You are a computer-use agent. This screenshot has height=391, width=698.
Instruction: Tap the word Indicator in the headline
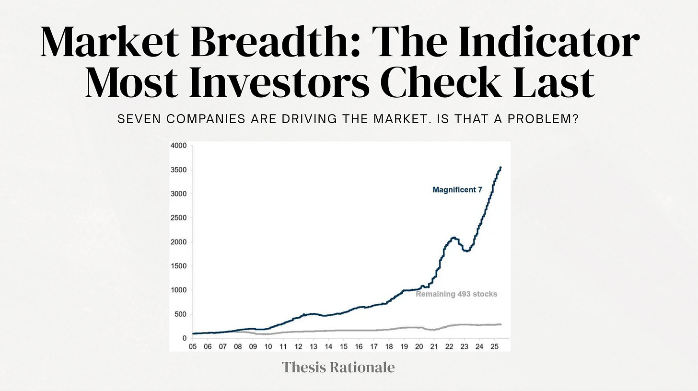[x=549, y=41]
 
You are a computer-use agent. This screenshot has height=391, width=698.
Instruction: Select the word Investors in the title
[x=279, y=82]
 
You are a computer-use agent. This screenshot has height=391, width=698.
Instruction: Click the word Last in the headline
[x=554, y=82]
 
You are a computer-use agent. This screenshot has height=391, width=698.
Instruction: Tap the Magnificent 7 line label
[x=457, y=190]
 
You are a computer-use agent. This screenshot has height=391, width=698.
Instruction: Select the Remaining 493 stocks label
[x=456, y=294]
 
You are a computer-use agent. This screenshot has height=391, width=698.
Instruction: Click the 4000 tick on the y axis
[x=178, y=146]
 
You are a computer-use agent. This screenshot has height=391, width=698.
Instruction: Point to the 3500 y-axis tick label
[x=178, y=170]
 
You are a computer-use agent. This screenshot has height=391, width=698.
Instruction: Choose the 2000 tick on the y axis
[x=178, y=242]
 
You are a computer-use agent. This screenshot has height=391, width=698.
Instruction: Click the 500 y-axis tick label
[x=180, y=314]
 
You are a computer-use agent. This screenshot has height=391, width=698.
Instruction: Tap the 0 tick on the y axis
[x=185, y=338]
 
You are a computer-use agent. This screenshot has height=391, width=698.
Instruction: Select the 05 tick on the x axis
[x=193, y=346]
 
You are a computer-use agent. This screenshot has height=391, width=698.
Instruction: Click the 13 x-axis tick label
[x=314, y=346]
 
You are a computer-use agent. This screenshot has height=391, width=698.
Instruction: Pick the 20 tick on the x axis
[x=419, y=346]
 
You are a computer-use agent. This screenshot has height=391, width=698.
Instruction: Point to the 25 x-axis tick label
[x=495, y=346]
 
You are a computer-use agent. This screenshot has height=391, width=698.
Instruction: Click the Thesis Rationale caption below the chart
[x=338, y=368]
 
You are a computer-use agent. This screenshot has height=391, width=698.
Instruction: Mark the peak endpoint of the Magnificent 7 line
[x=501, y=168]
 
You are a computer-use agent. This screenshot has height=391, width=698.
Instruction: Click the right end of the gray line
[x=501, y=325]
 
